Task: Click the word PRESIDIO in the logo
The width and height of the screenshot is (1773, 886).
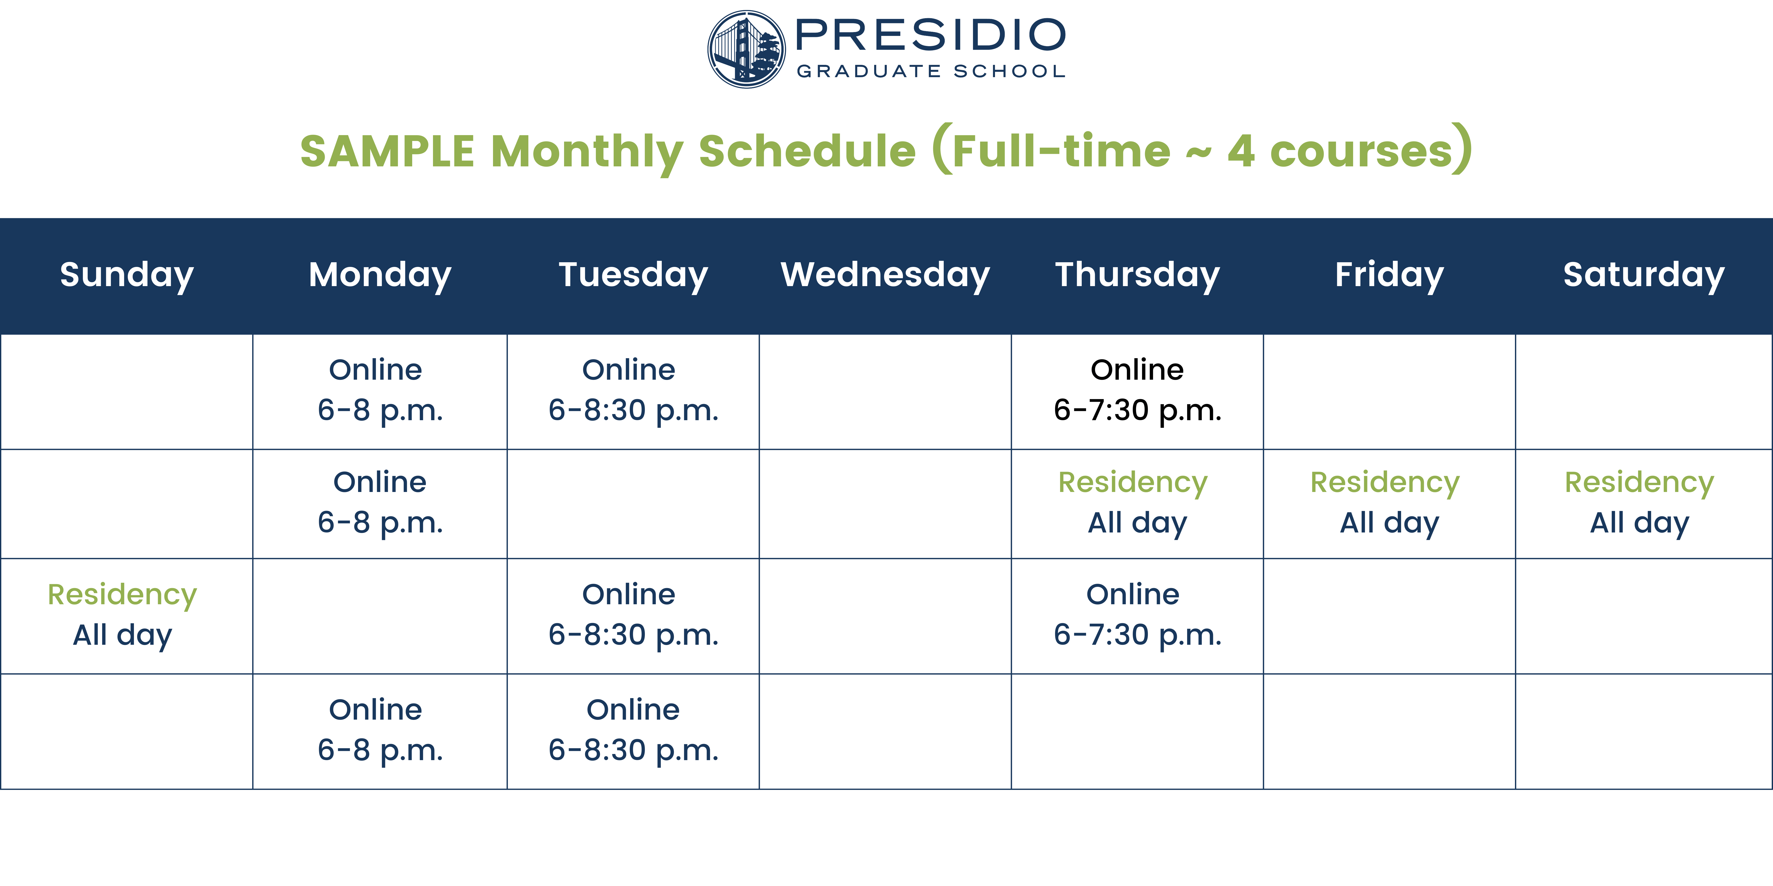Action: (x=931, y=35)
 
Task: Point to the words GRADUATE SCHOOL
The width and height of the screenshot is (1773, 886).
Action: (x=931, y=71)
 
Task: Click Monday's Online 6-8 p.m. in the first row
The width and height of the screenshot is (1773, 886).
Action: (x=380, y=390)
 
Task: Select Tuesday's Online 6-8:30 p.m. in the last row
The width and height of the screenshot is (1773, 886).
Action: (x=633, y=730)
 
